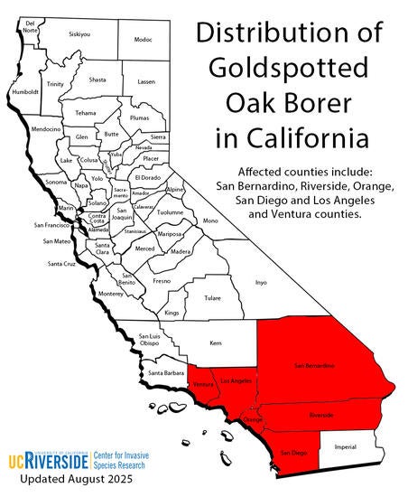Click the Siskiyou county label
tap(79, 34)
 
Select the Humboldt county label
tap(25, 91)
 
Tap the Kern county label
tap(215, 344)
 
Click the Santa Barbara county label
tap(167, 373)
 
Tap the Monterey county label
tap(110, 294)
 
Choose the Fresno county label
tap(162, 281)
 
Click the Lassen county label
tap(146, 81)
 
